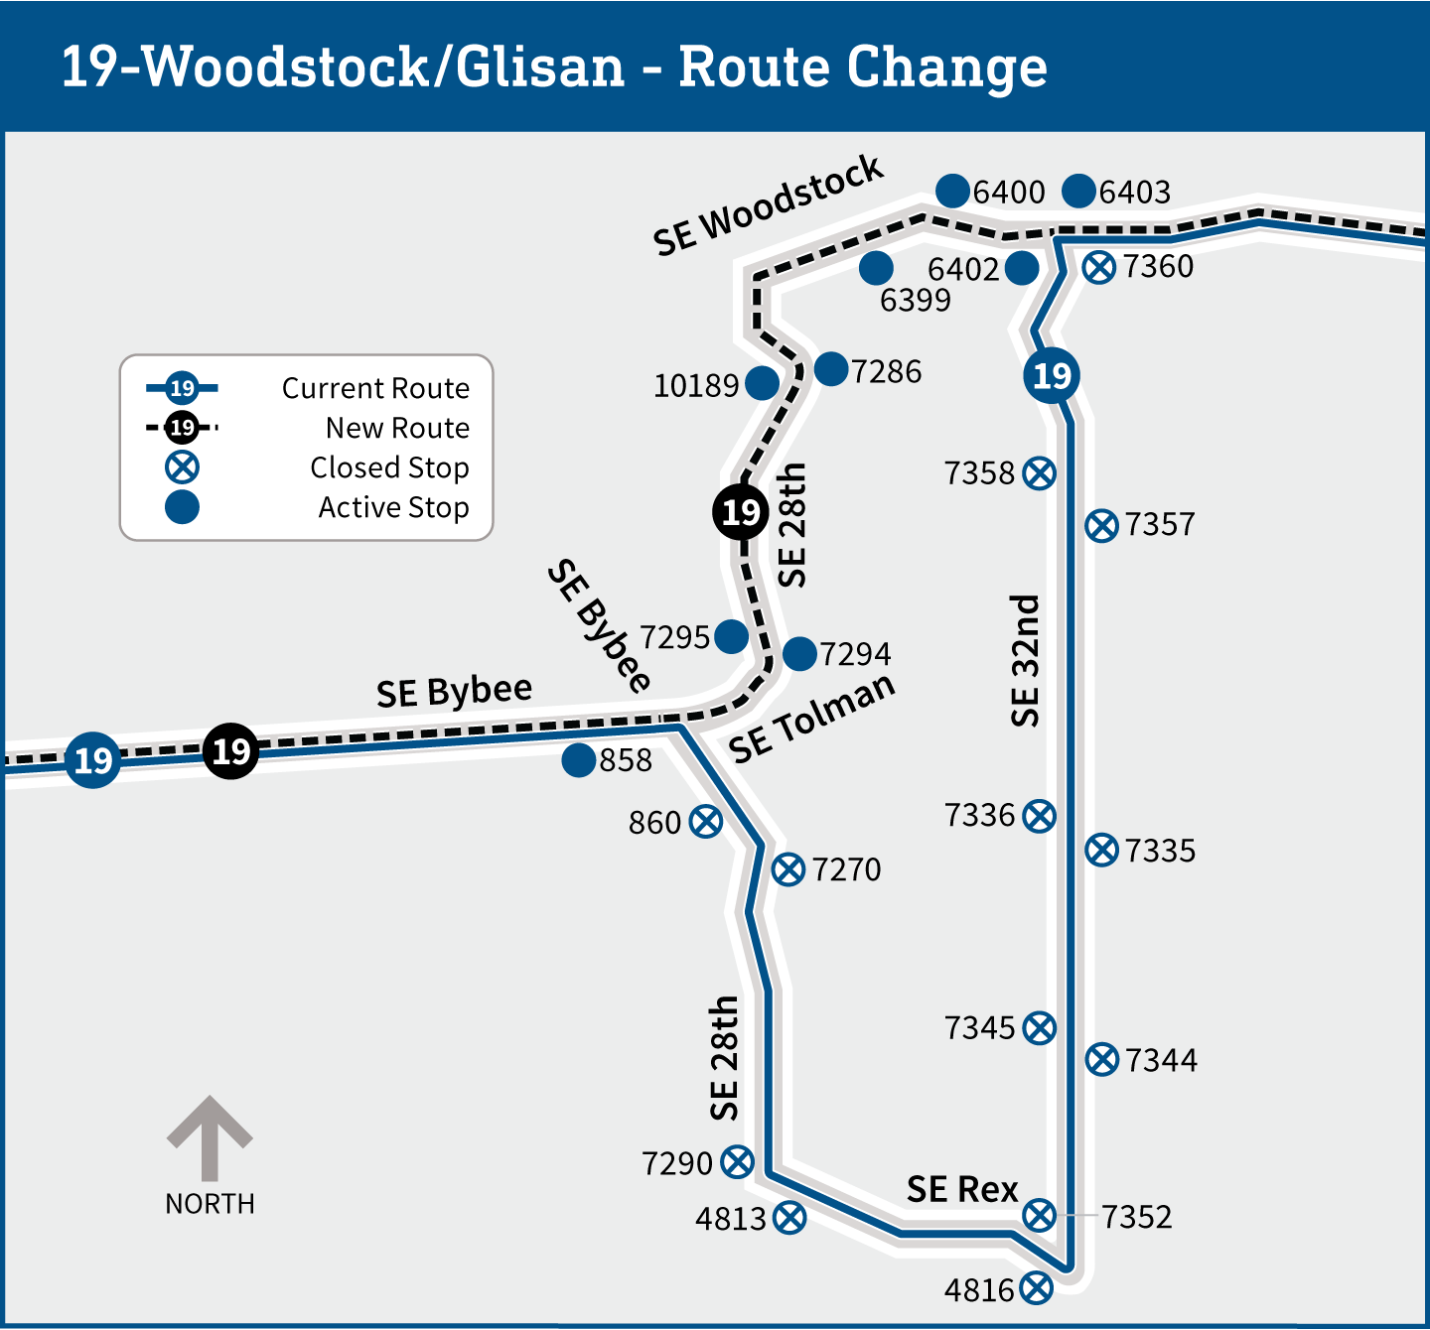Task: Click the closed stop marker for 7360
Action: click(1098, 267)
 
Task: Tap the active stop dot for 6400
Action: click(952, 191)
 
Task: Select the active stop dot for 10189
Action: click(762, 383)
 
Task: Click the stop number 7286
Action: click(886, 372)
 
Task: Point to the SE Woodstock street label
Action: click(768, 205)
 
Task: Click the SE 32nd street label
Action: click(1024, 661)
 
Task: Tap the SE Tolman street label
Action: click(812, 719)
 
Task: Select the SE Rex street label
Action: click(962, 1189)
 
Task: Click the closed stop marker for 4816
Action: click(1036, 1288)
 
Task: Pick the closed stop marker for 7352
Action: click(1040, 1214)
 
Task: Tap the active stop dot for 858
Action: click(578, 760)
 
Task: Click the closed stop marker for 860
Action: click(706, 822)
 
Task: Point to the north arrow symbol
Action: click(210, 1137)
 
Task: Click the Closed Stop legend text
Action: click(389, 467)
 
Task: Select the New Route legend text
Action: click(397, 428)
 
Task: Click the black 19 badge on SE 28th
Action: click(741, 512)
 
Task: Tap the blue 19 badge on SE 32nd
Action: click(1052, 375)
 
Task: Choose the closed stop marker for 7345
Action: click(1040, 1028)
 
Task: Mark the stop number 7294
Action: click(855, 655)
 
